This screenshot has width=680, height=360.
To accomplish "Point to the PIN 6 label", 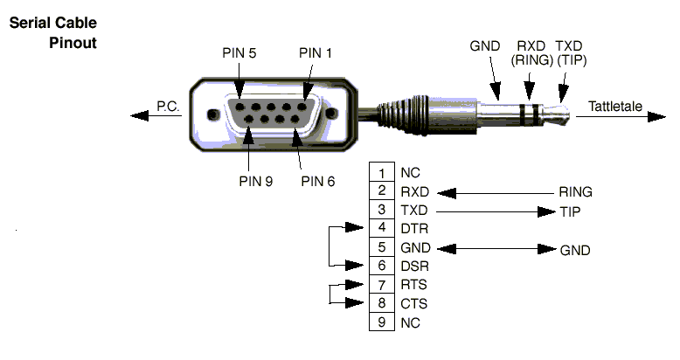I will (x=318, y=182).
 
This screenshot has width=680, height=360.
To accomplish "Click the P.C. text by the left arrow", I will (x=167, y=107).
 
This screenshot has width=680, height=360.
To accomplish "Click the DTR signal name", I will (x=413, y=229).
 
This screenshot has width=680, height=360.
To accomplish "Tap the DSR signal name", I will (x=413, y=267).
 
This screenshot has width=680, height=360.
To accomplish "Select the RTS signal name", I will (x=413, y=285).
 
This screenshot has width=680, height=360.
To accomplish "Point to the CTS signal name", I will (x=413, y=304).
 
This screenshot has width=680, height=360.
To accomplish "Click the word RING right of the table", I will (x=575, y=192).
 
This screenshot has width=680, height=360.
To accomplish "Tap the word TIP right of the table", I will (x=570, y=211).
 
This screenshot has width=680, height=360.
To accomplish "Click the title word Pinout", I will (x=73, y=42).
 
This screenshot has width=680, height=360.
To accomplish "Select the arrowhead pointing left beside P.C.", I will (x=135, y=114).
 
